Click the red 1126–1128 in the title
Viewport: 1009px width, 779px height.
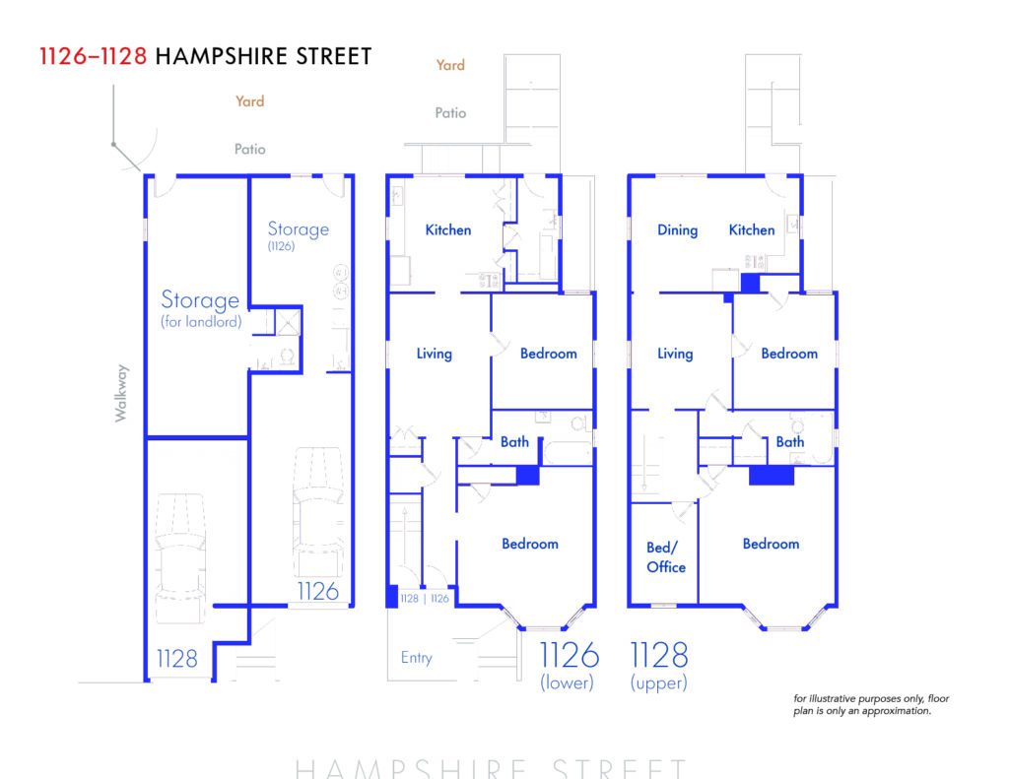(94, 56)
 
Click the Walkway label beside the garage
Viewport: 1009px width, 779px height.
(121, 393)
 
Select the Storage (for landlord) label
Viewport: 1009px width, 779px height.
(201, 309)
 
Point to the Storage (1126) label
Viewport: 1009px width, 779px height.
(298, 235)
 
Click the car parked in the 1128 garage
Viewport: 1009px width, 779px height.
(181, 557)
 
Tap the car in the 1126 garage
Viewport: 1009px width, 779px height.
(318, 512)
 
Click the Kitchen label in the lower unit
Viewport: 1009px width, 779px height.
(448, 229)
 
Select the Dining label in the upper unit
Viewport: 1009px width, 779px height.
(677, 230)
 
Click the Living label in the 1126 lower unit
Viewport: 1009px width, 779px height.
(434, 354)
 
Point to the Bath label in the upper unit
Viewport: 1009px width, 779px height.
(789, 442)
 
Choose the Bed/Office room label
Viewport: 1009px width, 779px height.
(665, 557)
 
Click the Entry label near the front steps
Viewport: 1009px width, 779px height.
(416, 658)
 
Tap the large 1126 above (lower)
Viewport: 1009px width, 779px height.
(569, 656)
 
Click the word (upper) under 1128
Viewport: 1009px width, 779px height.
(658, 682)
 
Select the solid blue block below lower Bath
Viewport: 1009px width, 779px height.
(527, 476)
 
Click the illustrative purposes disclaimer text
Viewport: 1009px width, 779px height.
(871, 704)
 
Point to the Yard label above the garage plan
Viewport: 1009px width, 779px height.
(249, 101)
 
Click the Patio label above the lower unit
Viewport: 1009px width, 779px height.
(450, 113)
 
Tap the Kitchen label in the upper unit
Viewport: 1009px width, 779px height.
(752, 229)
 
